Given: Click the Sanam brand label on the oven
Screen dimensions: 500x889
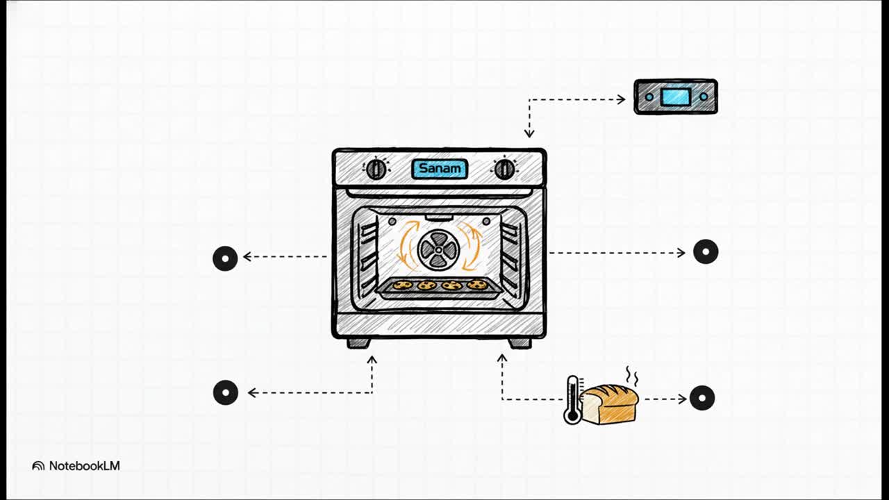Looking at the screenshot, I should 440,169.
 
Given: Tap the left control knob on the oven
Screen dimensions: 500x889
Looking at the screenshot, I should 376,169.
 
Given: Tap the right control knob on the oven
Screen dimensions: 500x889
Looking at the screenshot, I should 504,169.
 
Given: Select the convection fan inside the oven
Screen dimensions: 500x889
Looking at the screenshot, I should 438,250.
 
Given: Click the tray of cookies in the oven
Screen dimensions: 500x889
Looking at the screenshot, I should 439,287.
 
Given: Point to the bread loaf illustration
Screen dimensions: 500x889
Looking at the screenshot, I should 609,404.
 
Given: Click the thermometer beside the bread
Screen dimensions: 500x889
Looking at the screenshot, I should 572,400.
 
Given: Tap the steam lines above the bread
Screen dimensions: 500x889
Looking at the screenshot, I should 631,376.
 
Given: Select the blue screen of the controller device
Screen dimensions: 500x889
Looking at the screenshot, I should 675,97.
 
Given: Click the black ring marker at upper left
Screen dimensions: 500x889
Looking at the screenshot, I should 225,258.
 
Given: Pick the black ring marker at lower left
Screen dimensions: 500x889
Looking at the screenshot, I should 226,392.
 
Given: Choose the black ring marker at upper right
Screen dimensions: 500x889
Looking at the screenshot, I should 706,251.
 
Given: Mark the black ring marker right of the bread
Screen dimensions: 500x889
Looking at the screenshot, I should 702,398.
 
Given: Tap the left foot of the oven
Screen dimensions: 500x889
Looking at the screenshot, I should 358,342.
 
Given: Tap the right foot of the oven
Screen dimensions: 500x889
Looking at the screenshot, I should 520,342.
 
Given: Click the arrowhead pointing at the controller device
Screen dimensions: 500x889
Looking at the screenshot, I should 621,99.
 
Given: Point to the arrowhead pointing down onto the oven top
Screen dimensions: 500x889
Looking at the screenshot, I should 529,133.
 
